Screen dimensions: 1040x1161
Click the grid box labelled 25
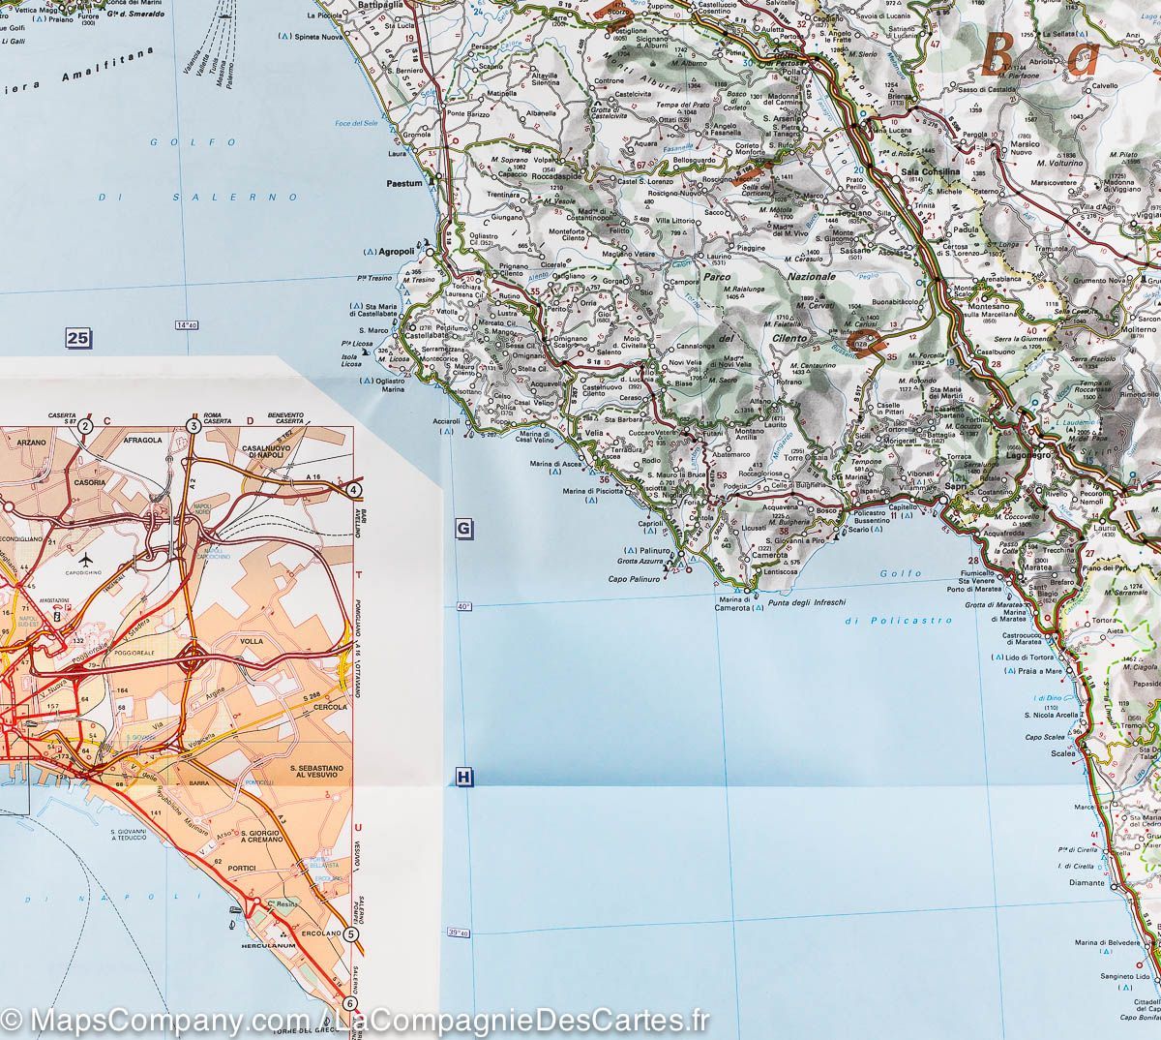click(78, 338)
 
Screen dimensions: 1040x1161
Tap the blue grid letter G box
click(463, 529)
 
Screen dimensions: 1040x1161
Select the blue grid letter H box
click(463, 777)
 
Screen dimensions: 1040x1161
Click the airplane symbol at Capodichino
click(87, 561)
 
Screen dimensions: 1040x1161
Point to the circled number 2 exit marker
click(85, 425)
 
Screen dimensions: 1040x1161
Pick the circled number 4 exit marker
click(355, 490)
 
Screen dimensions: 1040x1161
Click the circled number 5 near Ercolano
click(350, 934)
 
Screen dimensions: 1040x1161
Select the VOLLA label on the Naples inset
click(252, 640)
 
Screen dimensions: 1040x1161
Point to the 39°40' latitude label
click(460, 933)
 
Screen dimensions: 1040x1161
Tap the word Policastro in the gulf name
click(899, 620)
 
